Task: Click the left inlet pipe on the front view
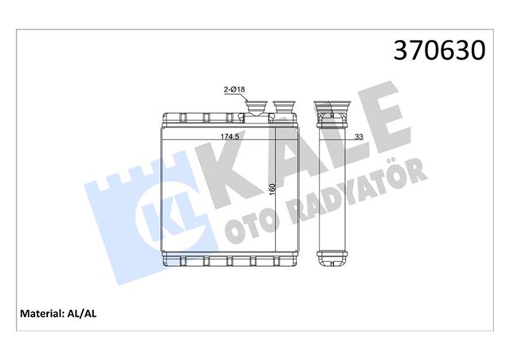click(259, 108)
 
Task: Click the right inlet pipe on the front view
click(284, 108)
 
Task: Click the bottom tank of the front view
click(229, 260)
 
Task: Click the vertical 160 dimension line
click(275, 223)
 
